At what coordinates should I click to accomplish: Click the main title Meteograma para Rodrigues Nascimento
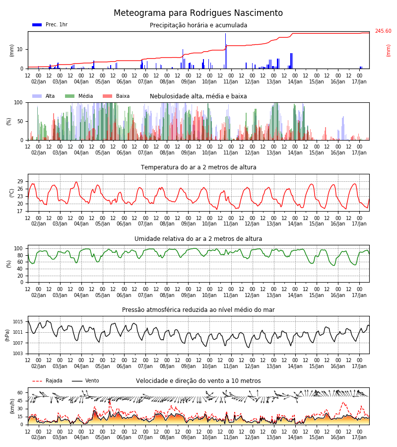pyautogui.click(x=198, y=13)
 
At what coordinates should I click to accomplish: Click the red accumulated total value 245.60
pyautogui.click(x=383, y=31)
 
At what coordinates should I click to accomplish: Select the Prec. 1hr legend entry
pyautogui.click(x=50, y=24)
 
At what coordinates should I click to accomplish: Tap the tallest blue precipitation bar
pyautogui.click(x=226, y=51)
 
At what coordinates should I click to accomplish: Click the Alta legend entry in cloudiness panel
pyautogui.click(x=44, y=96)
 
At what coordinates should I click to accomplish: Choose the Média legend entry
pyautogui.click(x=79, y=96)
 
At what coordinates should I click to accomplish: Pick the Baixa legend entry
pyautogui.click(x=116, y=96)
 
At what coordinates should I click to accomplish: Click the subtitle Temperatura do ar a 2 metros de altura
pyautogui.click(x=198, y=167)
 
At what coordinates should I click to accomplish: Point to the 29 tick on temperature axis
pyautogui.click(x=20, y=182)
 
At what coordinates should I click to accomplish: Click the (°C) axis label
pyautogui.click(x=12, y=193)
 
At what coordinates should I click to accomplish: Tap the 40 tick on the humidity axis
pyautogui.click(x=20, y=269)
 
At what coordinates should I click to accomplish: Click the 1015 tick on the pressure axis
pyautogui.click(x=18, y=322)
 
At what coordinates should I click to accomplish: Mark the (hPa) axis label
pyautogui.click(x=7, y=335)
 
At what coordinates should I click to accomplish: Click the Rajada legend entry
pyautogui.click(x=47, y=381)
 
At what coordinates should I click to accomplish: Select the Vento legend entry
pyautogui.click(x=85, y=381)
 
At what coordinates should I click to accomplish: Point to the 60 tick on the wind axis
pyautogui.click(x=20, y=393)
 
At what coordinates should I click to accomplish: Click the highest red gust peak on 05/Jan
pyautogui.click(x=110, y=399)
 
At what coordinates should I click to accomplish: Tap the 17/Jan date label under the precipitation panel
pyautogui.click(x=359, y=82)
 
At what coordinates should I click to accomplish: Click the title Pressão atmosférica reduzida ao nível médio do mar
pyautogui.click(x=198, y=310)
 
